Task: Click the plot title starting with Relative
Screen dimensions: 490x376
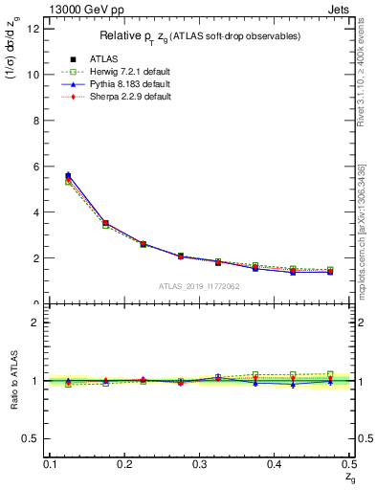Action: tap(201, 35)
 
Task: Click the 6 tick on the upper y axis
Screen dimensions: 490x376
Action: tap(36, 166)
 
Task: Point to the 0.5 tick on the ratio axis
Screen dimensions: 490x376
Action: tap(33, 438)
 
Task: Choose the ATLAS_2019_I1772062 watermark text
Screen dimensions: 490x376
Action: tap(199, 286)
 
